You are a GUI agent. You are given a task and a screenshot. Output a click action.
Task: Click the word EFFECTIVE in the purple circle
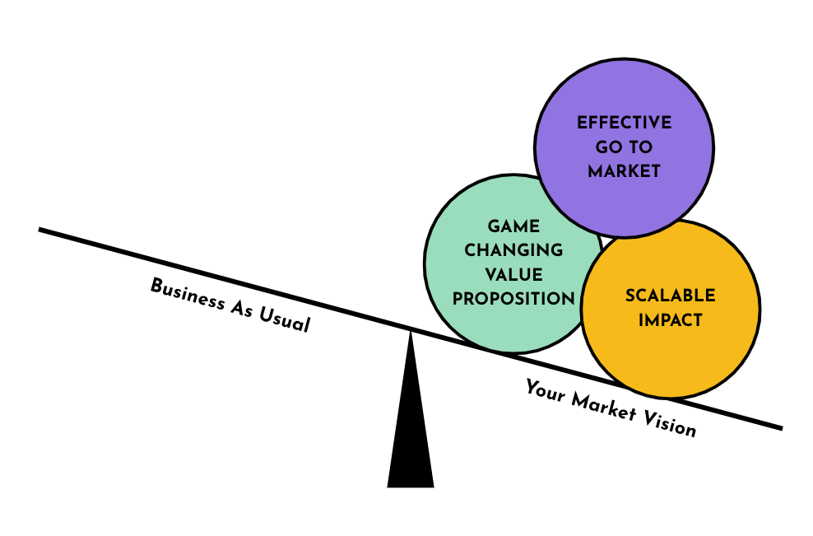pyautogui.click(x=624, y=124)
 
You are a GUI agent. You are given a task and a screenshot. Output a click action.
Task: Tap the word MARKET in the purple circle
pyautogui.click(x=624, y=172)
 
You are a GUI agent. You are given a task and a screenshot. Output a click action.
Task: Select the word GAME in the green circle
pyautogui.click(x=513, y=226)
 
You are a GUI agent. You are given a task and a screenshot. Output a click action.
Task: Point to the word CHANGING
pyautogui.click(x=513, y=250)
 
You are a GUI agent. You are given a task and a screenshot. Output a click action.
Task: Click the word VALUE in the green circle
pyautogui.click(x=513, y=274)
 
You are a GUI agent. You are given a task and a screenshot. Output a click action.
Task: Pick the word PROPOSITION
pyautogui.click(x=513, y=298)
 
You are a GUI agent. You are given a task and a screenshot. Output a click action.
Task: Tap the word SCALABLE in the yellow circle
pyautogui.click(x=670, y=296)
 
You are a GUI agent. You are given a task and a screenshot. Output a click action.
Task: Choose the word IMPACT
pyautogui.click(x=670, y=320)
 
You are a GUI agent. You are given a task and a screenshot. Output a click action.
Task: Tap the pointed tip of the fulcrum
pyautogui.click(x=411, y=331)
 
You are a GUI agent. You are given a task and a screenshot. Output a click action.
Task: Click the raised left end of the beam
pyautogui.click(x=42, y=231)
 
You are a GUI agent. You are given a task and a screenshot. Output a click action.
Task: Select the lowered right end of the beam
pyautogui.click(x=778, y=427)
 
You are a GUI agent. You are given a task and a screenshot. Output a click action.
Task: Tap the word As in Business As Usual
pyautogui.click(x=234, y=307)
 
